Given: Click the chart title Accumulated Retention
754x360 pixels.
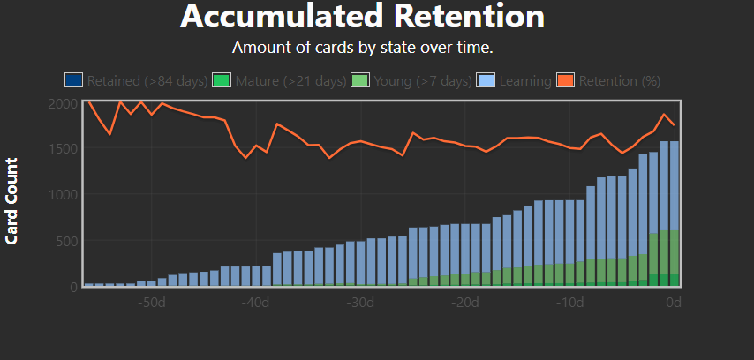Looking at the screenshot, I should pos(362,16).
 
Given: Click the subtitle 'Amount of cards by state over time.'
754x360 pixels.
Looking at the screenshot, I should pos(362,47).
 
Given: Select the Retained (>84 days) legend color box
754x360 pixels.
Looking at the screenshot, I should pos(73,80).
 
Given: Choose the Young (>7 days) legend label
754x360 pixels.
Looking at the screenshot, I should pos(421,81).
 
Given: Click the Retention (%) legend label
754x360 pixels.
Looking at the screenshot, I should pos(620,81).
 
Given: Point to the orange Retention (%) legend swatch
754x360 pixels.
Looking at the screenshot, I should pos(566,80).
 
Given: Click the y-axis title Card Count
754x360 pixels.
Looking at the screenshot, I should pos(12,200).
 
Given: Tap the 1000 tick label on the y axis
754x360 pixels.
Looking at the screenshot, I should pos(62,194).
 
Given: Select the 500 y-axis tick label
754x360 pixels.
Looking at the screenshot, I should pos(65,240).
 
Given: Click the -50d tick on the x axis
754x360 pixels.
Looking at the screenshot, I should pos(152,304).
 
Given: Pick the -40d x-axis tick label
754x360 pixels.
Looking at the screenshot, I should pos(256,304).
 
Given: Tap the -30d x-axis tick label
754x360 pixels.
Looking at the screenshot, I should pos(361,304).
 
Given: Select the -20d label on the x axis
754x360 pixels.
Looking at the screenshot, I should pos(465,304).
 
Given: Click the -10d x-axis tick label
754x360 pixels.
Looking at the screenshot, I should pos(570,304).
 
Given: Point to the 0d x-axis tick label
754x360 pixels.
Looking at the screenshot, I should pos(674,304).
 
